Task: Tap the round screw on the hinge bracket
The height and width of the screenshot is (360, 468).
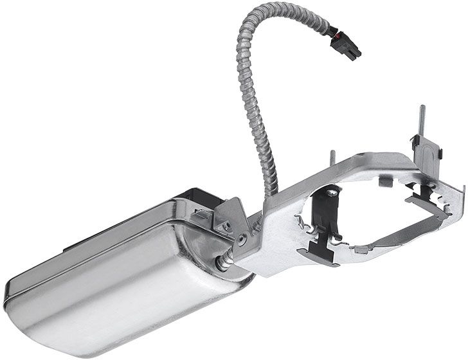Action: pos(240,239)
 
